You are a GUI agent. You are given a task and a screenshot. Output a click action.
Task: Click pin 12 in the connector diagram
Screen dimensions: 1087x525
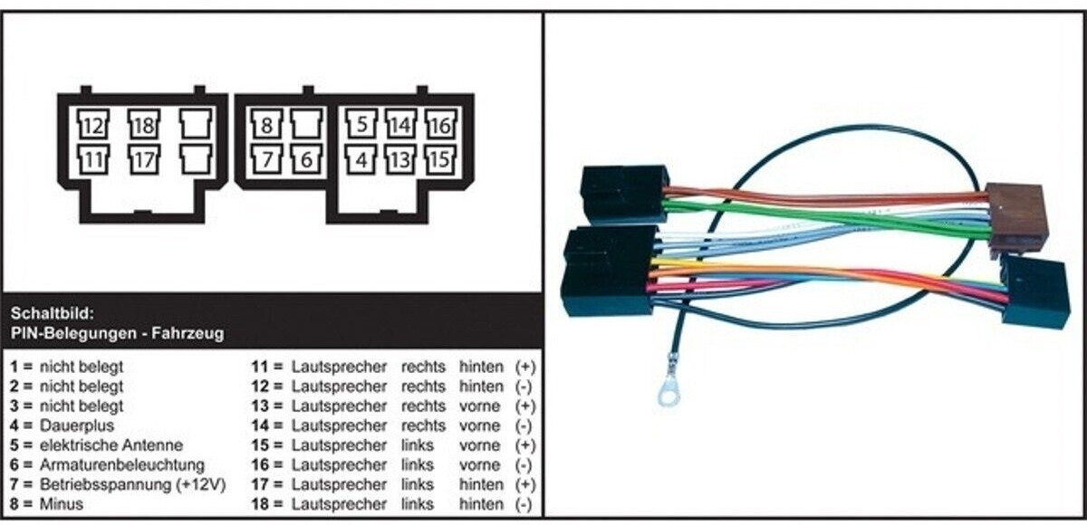click(x=91, y=124)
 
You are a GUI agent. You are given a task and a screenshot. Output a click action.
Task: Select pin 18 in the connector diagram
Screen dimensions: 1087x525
click(x=143, y=124)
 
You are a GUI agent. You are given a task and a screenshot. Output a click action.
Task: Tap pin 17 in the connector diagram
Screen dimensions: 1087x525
click(x=143, y=160)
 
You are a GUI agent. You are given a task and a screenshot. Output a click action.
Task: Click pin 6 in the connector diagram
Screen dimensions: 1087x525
click(x=305, y=160)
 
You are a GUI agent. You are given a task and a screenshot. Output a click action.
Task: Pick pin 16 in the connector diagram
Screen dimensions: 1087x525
click(x=438, y=124)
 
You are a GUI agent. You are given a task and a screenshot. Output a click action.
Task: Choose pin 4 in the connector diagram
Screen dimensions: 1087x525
click(x=361, y=160)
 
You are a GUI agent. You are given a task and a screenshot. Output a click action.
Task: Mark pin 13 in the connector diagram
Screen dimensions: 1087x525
click(x=399, y=160)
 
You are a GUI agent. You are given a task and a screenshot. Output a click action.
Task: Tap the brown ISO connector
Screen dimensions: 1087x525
click(x=1016, y=217)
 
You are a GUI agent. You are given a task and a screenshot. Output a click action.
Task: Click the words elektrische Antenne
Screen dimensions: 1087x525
click(x=111, y=445)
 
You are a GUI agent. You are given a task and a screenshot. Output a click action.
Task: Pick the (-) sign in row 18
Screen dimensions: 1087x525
click(x=524, y=504)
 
